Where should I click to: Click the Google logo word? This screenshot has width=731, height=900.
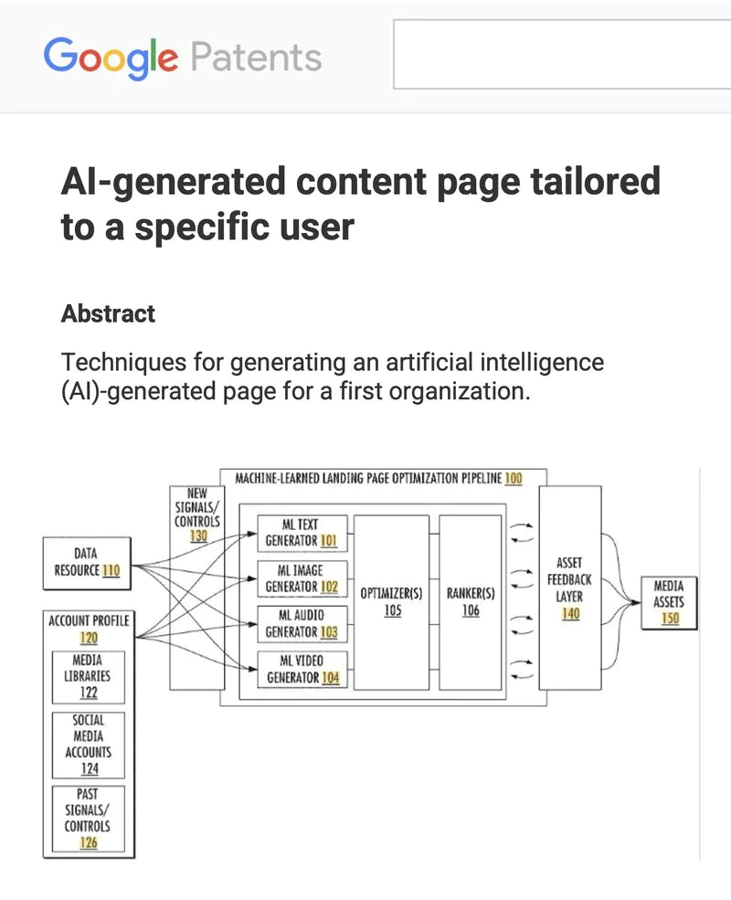pos(111,58)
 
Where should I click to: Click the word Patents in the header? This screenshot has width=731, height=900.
pos(256,58)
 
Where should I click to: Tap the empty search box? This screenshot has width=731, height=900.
pos(561,55)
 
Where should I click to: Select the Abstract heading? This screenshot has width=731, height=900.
pos(108,314)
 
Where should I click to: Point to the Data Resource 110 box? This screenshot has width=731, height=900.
pos(86,562)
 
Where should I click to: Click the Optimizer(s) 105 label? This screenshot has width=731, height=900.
pos(391,601)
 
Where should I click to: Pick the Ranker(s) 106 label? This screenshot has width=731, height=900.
pos(471,601)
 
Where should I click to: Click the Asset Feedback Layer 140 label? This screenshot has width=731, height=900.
pos(570,588)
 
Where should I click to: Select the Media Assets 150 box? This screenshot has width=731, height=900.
pos(669,602)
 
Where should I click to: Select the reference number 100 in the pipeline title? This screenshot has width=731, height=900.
pos(513,479)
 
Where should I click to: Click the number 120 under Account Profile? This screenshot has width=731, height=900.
pos(89,638)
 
